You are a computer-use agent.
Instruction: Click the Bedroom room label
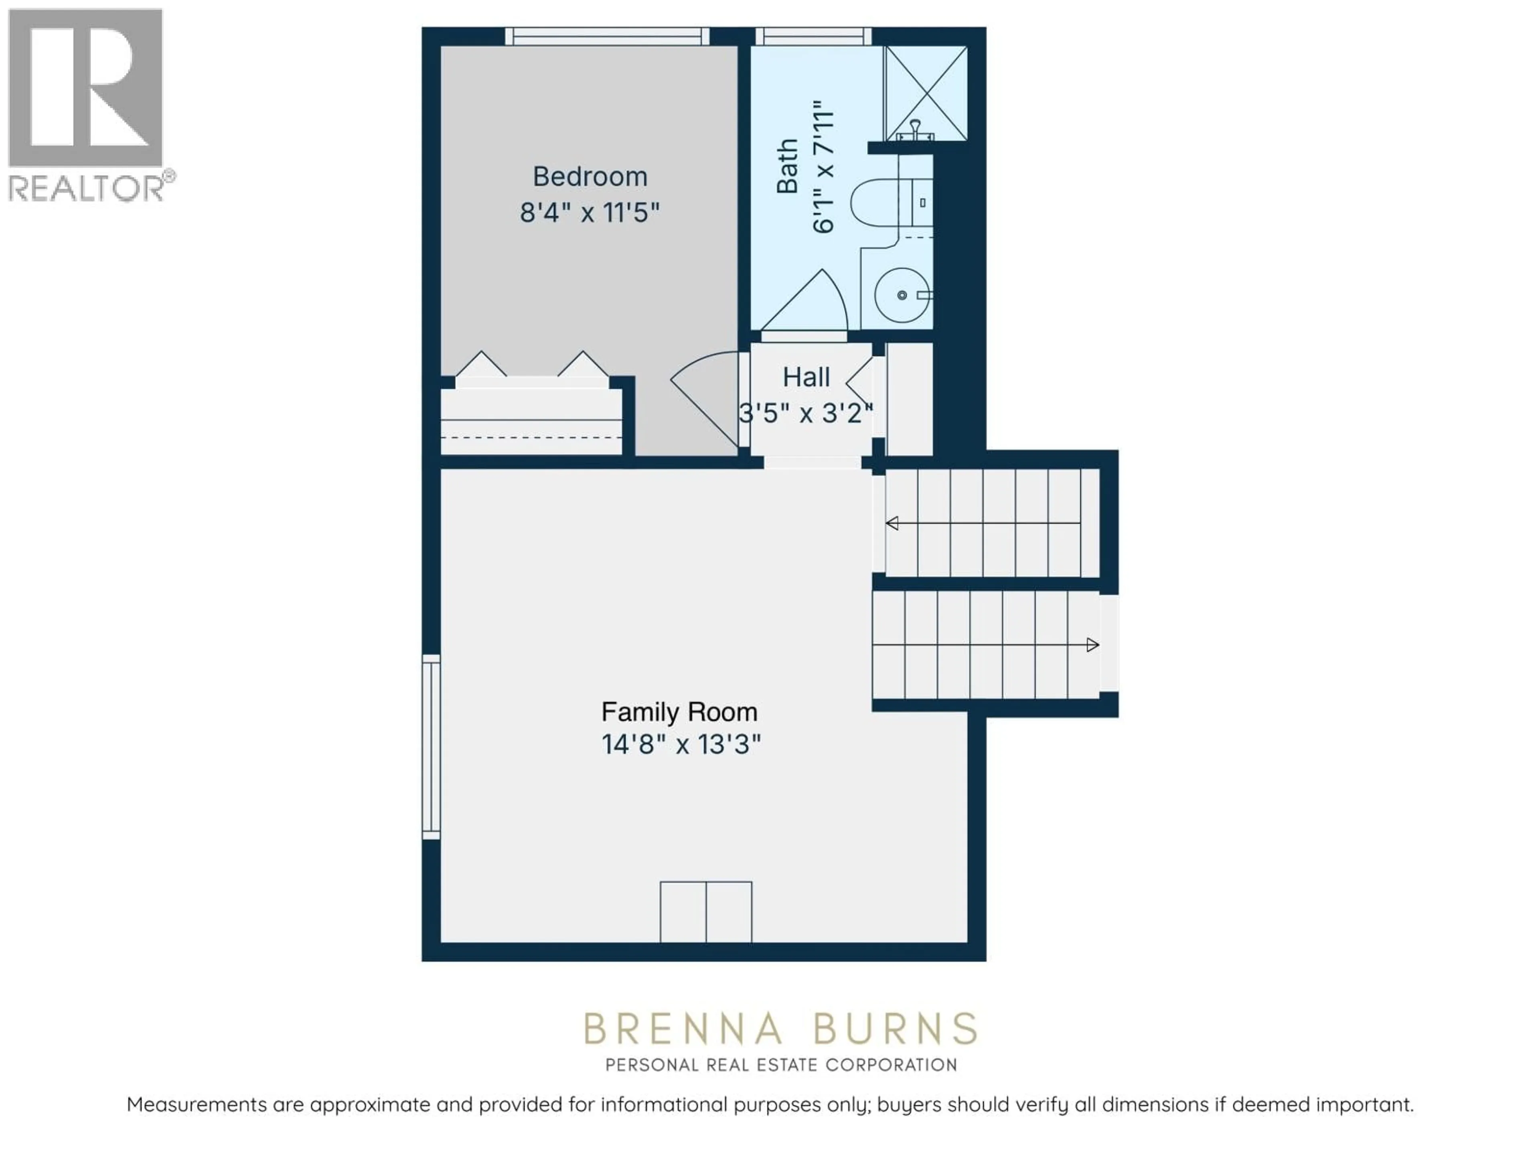(x=590, y=177)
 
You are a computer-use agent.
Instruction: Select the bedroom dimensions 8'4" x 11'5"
(x=590, y=212)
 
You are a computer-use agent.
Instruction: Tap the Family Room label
(x=679, y=711)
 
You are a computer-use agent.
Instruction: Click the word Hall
(x=806, y=377)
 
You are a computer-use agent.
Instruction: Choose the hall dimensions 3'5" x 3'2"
(x=806, y=413)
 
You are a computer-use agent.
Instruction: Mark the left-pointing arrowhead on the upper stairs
(x=892, y=523)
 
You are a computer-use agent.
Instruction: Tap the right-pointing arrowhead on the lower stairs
(x=1092, y=645)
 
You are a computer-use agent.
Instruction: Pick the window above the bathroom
(x=813, y=36)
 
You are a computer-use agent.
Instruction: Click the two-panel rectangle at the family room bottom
(x=705, y=912)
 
